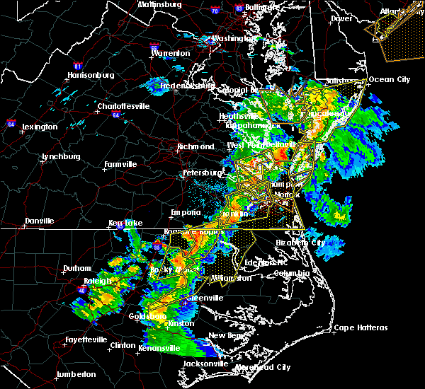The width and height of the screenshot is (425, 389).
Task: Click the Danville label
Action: (x=39, y=221)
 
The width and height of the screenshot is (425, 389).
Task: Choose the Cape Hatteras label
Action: (x=361, y=327)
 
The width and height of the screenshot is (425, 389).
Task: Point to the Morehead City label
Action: (x=263, y=368)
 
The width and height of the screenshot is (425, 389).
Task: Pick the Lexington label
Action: (x=40, y=127)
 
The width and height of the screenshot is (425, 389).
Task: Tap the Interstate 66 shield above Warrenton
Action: (x=158, y=42)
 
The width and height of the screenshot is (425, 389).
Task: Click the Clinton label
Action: (x=123, y=345)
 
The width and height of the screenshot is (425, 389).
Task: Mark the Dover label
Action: (x=341, y=19)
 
